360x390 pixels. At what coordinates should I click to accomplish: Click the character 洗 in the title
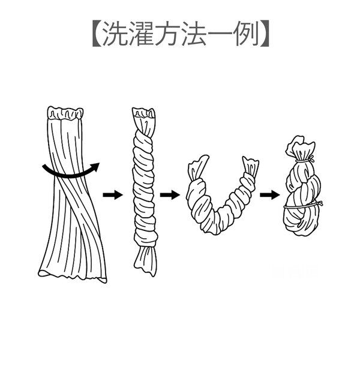tap(115, 34)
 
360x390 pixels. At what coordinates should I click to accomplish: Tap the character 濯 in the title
tap(142, 34)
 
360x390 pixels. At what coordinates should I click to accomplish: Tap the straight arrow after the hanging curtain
tap(113, 194)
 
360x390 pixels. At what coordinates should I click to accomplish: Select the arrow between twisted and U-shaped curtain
tap(170, 194)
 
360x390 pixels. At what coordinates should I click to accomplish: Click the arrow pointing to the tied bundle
tap(269, 194)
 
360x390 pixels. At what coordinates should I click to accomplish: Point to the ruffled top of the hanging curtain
tap(65, 113)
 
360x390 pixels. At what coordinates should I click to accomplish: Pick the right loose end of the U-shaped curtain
tap(250, 167)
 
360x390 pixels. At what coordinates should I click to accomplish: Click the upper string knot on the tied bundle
tap(310, 159)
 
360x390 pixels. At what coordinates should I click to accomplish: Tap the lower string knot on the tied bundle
tap(320, 203)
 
